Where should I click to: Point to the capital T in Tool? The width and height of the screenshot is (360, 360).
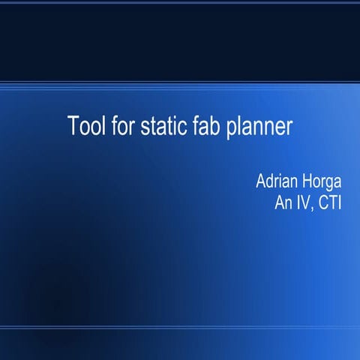[x=73, y=125]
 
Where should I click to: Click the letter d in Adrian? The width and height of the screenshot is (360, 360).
[x=270, y=182]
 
